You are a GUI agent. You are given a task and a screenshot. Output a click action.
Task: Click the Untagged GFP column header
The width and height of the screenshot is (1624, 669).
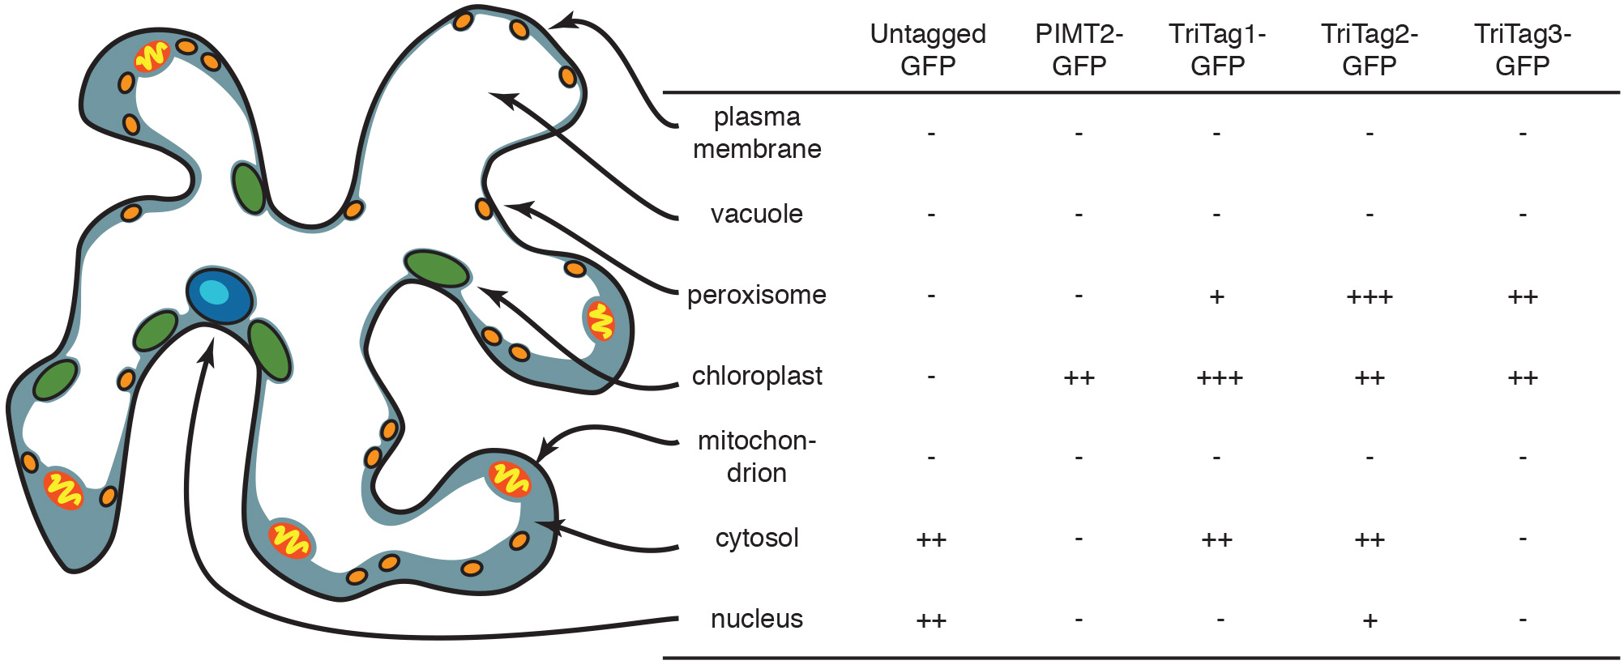pos(928,49)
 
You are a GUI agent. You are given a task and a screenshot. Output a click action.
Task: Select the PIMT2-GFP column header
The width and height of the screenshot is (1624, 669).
pos(1079,49)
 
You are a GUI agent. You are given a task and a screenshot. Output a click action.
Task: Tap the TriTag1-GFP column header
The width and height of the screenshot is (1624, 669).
pos(1217,49)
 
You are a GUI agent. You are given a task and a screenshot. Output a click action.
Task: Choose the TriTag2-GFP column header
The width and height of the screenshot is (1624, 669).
pos(1370,49)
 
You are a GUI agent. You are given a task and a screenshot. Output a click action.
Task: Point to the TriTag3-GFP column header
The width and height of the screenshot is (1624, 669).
pos(1522,49)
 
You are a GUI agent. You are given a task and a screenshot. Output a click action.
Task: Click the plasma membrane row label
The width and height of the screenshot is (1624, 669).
pos(757,133)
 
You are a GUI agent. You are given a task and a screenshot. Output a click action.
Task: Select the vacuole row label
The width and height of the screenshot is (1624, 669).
pos(757,214)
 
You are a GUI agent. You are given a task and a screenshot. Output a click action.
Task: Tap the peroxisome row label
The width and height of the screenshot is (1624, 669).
pos(757,295)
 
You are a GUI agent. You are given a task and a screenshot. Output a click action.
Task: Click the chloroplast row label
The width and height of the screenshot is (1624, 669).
pos(757,376)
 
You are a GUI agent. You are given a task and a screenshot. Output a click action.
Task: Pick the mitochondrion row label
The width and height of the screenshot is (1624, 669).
pos(757,457)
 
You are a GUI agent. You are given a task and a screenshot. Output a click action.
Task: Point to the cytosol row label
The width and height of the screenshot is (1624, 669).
pos(757,538)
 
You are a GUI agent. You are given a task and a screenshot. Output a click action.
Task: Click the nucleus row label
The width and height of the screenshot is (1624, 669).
pos(757,619)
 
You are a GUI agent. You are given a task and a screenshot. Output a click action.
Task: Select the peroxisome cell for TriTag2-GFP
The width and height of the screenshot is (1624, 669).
pos(1370,296)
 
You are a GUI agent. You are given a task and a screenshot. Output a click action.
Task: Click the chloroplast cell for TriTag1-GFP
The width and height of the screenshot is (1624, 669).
pos(1219,377)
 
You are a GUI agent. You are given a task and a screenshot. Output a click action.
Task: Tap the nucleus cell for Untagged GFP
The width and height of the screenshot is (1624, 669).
pos(931,620)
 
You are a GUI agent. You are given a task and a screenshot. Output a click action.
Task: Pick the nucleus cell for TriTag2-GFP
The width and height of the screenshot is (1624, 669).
pos(1370,620)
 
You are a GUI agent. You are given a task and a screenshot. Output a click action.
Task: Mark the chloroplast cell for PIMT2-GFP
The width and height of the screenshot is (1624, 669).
pos(1079,377)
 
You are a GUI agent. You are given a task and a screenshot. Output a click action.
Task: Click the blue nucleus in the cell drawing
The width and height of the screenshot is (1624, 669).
pos(219,295)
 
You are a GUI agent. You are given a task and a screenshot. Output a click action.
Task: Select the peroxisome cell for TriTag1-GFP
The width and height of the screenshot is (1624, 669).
pos(1216,296)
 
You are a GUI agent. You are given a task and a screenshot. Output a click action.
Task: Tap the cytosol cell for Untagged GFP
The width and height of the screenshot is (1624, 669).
pos(931,539)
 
